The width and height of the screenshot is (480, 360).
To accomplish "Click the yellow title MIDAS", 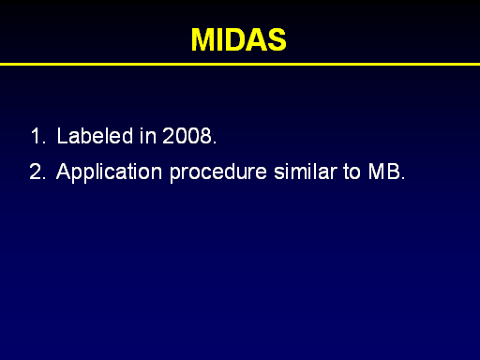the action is pyautogui.click(x=239, y=39).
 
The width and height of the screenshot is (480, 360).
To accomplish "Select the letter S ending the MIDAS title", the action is pyautogui.click(x=277, y=39).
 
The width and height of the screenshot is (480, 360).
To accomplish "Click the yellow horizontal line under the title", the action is pyautogui.click(x=240, y=64).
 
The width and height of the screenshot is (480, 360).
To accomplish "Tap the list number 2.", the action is pyautogui.click(x=37, y=172).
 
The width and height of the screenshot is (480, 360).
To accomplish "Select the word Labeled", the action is pyautogui.click(x=95, y=136).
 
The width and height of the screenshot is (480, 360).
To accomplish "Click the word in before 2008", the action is pyautogui.click(x=148, y=136).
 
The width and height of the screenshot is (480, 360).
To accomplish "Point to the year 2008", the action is pyautogui.click(x=187, y=136).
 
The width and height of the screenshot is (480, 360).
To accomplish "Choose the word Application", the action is pyautogui.click(x=109, y=172).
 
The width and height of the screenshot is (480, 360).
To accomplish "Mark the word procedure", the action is pyautogui.click(x=218, y=172).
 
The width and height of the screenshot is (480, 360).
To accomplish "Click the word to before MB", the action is pyautogui.click(x=352, y=172).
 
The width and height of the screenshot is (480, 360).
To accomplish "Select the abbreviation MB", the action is pyautogui.click(x=384, y=172).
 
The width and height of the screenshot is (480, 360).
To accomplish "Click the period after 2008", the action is pyautogui.click(x=215, y=142).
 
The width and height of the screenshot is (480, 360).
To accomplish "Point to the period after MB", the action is pyautogui.click(x=403, y=178).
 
